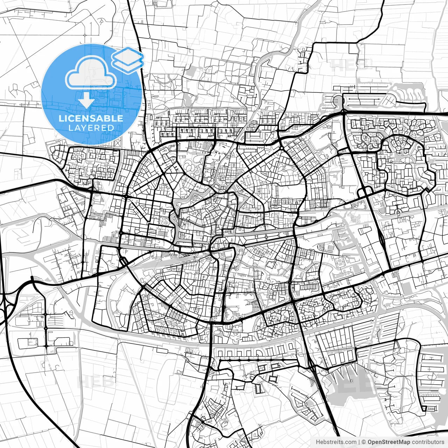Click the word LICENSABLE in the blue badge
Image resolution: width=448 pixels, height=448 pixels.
(91, 118)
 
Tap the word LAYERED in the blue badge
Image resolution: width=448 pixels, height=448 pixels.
(91, 128)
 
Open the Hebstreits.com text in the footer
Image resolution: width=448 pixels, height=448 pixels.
(336, 442)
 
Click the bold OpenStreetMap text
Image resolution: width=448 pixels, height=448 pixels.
(389, 442)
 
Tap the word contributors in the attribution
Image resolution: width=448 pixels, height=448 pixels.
(428, 442)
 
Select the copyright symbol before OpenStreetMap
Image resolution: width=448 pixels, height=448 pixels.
(364, 442)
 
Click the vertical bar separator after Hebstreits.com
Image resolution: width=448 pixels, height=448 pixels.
(359, 442)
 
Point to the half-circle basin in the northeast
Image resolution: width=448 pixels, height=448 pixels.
(337, 101)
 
